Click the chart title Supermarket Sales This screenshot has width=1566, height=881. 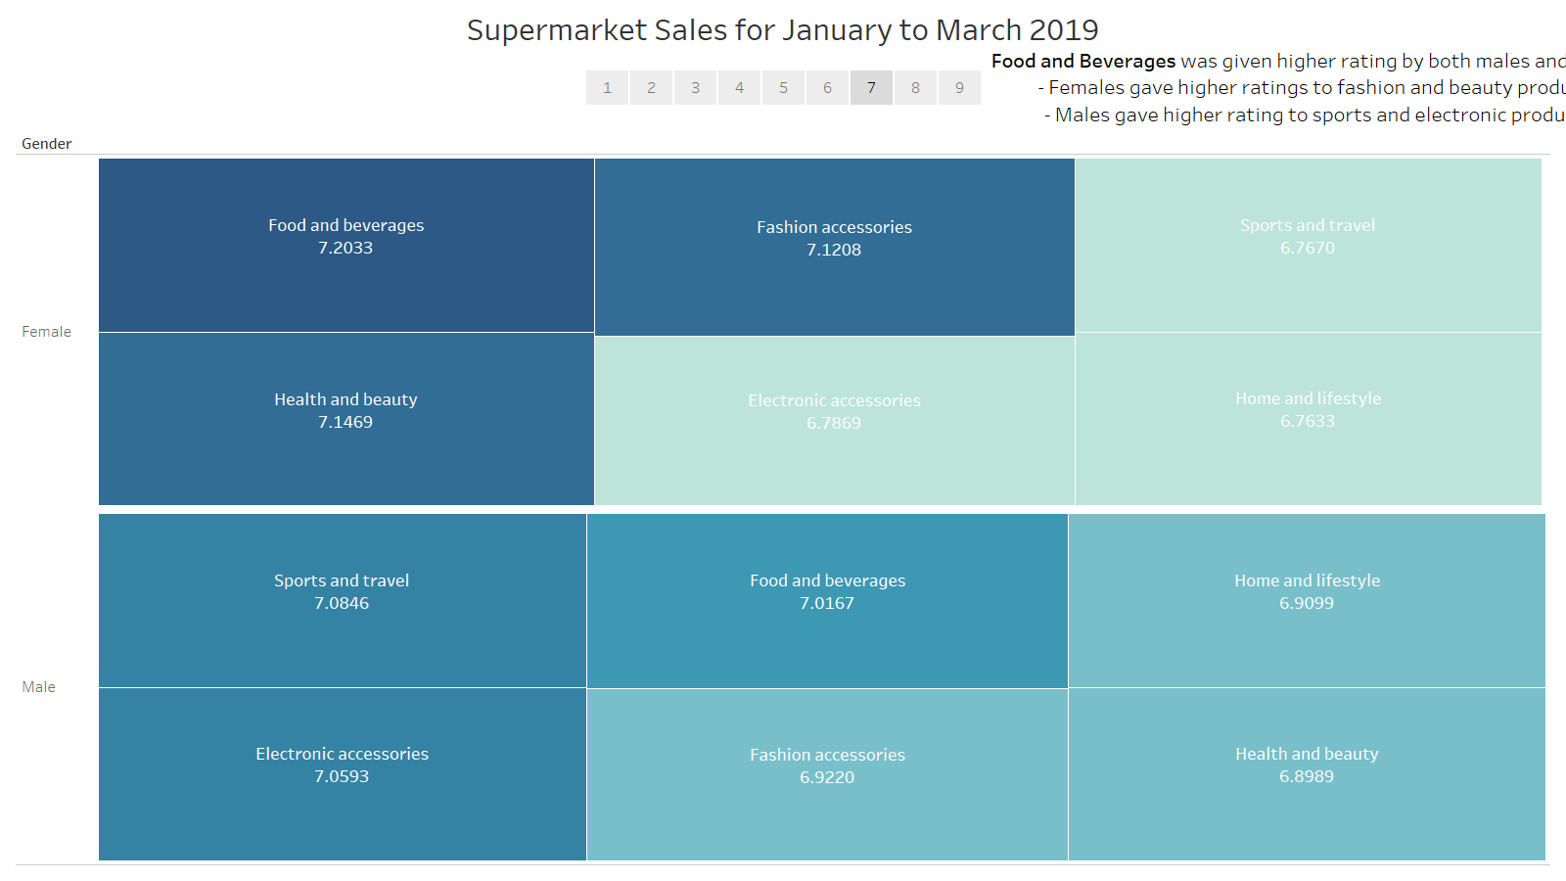(782, 30)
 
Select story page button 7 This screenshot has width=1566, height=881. (871, 88)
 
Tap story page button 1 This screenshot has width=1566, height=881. (607, 88)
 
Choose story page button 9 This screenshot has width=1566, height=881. (959, 88)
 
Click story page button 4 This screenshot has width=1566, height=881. (739, 88)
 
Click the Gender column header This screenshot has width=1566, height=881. (47, 144)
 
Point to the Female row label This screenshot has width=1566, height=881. (47, 332)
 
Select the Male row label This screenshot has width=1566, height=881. (39, 687)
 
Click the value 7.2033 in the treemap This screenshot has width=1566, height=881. (345, 249)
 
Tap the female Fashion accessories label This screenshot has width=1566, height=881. (834, 227)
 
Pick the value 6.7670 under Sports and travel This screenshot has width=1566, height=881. (1308, 249)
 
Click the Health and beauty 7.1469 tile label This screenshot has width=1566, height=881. (345, 399)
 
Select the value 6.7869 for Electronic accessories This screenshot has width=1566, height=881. (834, 424)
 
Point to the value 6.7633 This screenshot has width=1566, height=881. (1308, 422)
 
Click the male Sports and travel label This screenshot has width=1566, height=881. (342, 580)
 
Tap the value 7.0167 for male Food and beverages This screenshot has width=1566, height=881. (827, 604)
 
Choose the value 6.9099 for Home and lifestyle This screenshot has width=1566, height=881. (1307, 604)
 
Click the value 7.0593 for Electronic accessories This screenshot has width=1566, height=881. (342, 777)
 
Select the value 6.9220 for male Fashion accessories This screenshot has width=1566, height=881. (827, 778)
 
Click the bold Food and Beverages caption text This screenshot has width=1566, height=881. (1083, 62)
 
